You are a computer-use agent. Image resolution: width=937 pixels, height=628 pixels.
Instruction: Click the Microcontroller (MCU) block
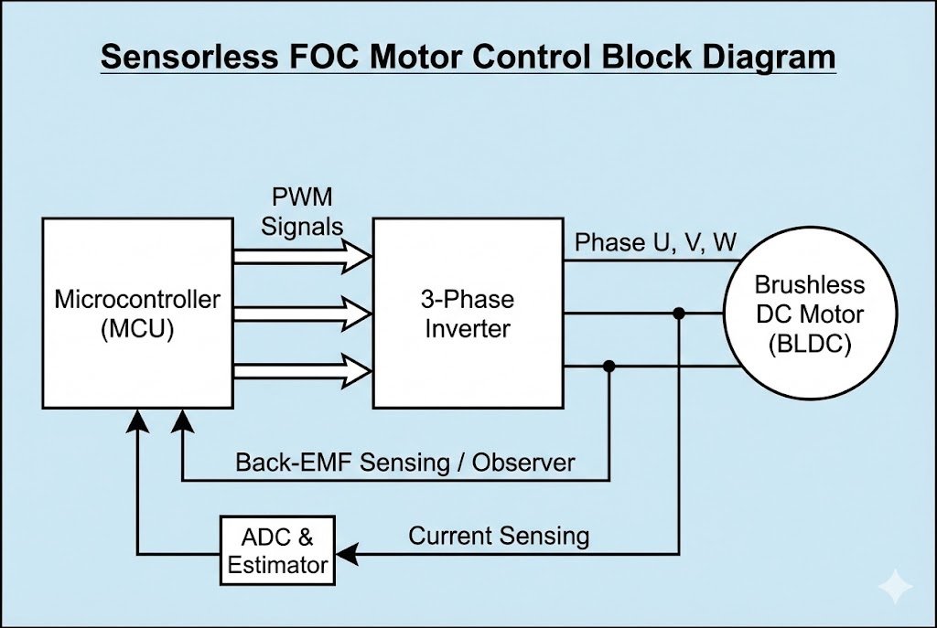137,313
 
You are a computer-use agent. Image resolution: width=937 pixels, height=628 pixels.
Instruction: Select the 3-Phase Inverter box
468,313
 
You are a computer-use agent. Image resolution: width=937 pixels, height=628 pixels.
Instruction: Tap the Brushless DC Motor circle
804,313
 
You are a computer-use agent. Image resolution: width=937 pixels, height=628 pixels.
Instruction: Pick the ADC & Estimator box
277,551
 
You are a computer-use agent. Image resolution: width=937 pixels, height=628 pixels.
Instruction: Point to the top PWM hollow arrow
302,257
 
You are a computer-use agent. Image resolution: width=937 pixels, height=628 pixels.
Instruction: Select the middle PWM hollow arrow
302,314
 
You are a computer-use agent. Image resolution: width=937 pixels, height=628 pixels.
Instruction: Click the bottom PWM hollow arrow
302,369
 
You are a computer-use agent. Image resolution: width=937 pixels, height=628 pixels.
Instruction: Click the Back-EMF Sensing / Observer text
405,462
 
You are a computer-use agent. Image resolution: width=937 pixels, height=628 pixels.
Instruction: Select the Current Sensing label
499,536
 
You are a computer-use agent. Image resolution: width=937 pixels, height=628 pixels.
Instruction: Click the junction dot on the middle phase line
679,314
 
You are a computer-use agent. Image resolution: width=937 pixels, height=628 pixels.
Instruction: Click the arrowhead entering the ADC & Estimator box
345,553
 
